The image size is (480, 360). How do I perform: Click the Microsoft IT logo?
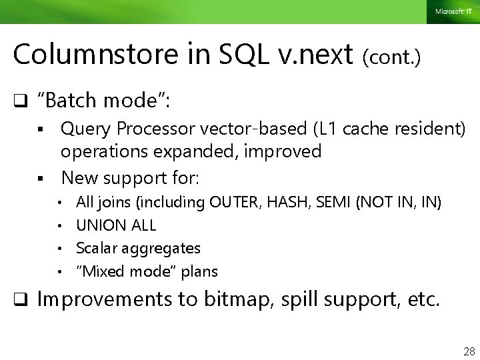453,11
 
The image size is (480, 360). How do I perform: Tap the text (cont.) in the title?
391,58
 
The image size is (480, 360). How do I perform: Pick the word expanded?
183,152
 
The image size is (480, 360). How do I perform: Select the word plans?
200,272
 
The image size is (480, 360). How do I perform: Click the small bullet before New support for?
41,178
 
